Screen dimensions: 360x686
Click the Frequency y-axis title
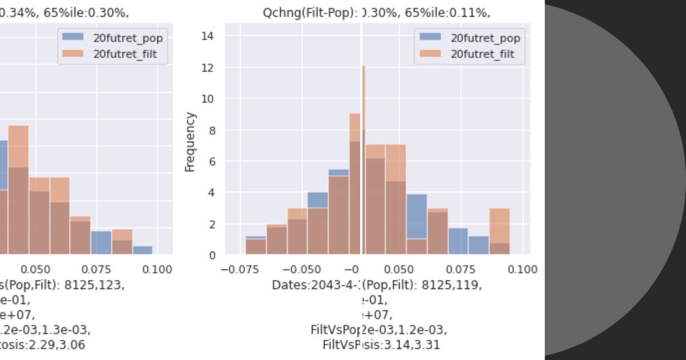point(190,142)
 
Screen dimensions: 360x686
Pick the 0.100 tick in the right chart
point(522,269)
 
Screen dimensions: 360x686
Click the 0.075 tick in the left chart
point(96,269)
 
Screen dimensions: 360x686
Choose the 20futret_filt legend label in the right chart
point(482,54)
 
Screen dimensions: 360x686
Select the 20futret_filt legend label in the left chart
point(125,54)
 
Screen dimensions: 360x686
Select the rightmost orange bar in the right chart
point(500,231)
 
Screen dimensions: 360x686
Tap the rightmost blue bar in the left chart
point(142,250)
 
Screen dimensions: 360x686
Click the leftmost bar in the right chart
point(256,246)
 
